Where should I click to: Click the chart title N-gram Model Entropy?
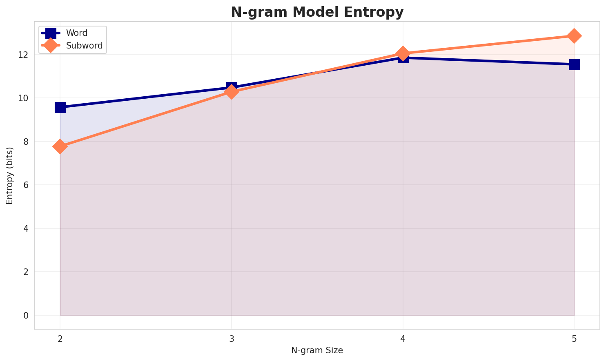point(317,12)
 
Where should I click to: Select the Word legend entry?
point(77,33)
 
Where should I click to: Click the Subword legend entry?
point(84,46)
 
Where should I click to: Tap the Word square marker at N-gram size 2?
point(60,107)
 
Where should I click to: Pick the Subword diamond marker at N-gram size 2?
point(60,146)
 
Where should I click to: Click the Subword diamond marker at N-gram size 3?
point(232,92)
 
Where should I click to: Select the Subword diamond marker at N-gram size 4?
point(403,53)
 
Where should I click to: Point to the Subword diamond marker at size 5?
point(574,36)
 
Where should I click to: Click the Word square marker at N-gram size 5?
point(574,64)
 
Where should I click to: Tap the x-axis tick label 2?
point(60,339)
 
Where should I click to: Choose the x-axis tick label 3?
point(232,339)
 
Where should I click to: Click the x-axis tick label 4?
point(403,339)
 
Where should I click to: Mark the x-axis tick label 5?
point(574,339)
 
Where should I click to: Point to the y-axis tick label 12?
point(23,55)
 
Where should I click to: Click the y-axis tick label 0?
point(25,315)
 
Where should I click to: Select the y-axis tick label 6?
point(25,185)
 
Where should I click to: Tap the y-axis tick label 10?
point(23,98)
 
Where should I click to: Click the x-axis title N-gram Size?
point(317,350)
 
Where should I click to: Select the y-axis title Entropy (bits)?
point(9,175)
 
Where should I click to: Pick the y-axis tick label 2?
point(25,272)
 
